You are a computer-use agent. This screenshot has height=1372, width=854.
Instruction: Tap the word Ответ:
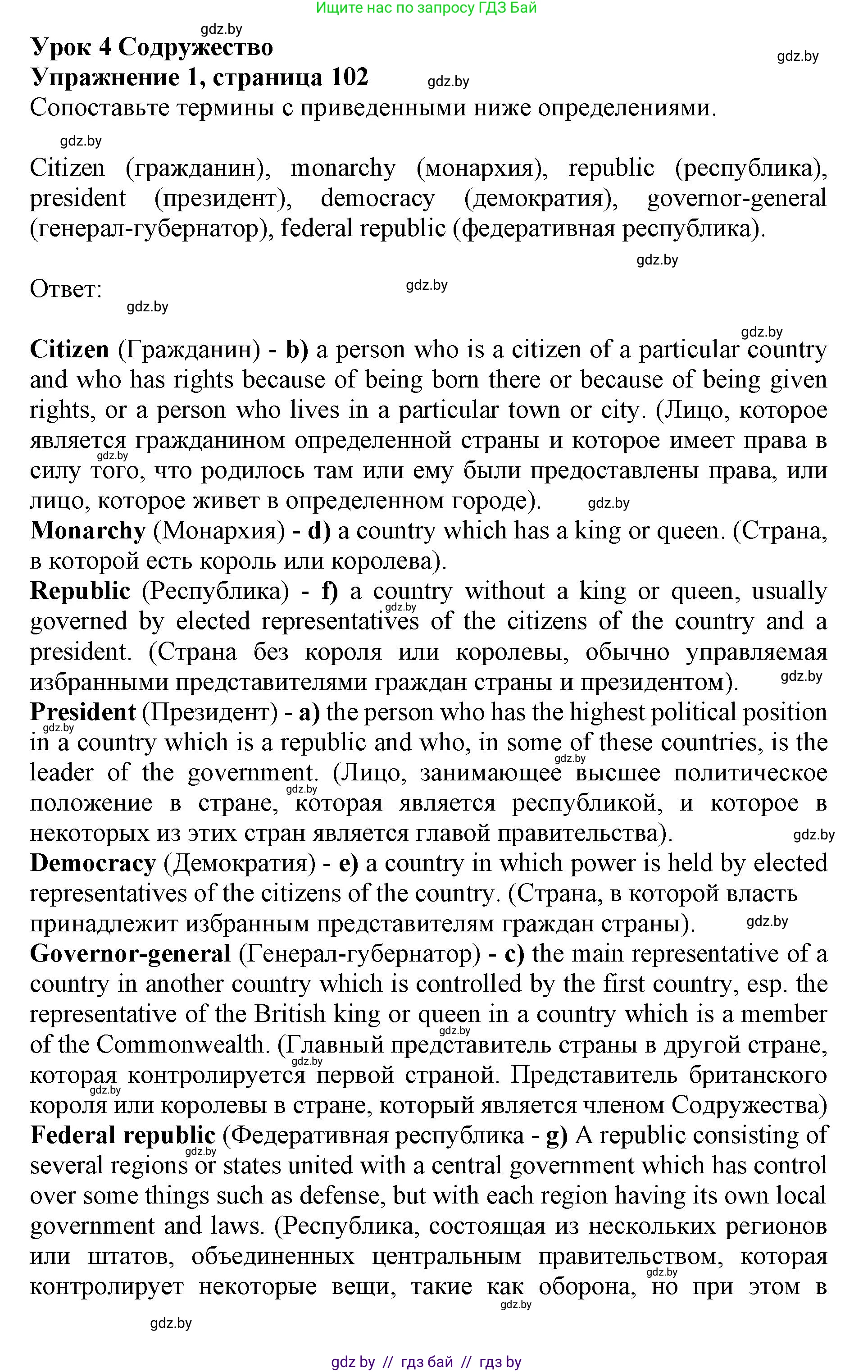[x=65, y=289]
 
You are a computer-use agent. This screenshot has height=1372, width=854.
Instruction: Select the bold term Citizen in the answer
[x=69, y=349]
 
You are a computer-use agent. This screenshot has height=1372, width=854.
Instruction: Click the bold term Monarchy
[x=88, y=530]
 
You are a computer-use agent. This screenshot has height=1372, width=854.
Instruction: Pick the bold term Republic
[x=80, y=591]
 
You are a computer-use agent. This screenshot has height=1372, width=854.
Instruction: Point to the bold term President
[x=83, y=712]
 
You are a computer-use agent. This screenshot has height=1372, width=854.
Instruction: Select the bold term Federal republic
[x=123, y=1135]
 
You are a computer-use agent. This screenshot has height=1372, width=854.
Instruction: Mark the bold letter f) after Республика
[x=330, y=591]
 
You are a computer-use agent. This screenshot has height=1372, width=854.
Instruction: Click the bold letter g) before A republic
[x=556, y=1135]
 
